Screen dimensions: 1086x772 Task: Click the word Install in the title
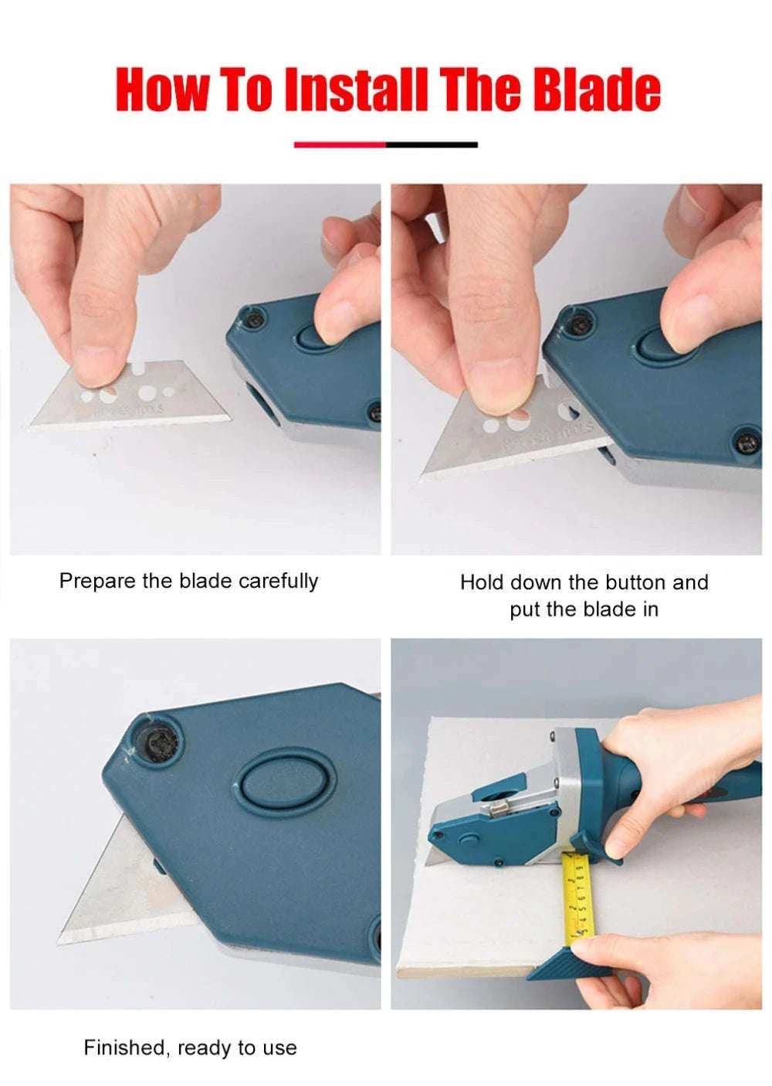click(x=355, y=90)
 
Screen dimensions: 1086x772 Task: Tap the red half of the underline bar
click(x=340, y=144)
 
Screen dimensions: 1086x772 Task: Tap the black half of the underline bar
click(x=432, y=144)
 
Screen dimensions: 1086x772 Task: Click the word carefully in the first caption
click(x=279, y=581)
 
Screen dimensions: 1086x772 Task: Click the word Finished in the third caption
click(x=124, y=1048)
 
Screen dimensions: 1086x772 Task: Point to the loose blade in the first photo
click(x=154, y=398)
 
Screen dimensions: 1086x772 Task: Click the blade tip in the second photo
click(x=429, y=472)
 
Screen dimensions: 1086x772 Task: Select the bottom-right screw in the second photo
click(x=746, y=443)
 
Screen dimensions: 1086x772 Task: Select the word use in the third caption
click(x=279, y=1049)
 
